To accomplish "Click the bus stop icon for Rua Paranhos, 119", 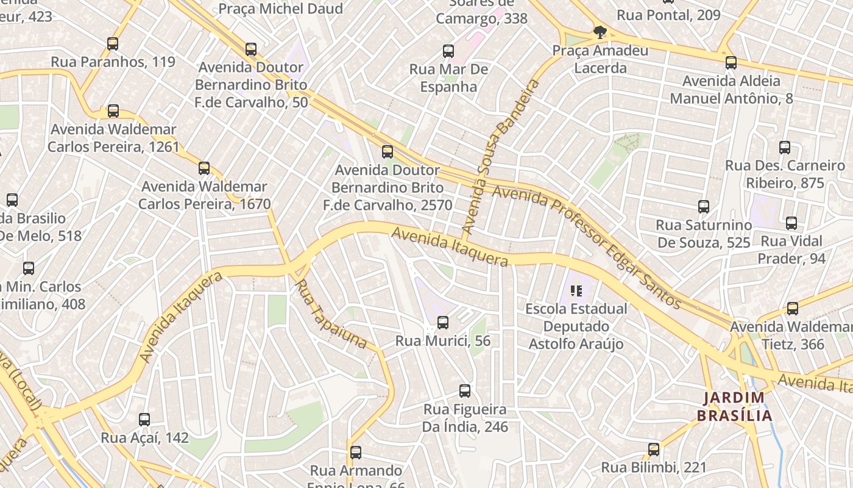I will tap(113, 44).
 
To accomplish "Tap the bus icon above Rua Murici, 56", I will tap(443, 323).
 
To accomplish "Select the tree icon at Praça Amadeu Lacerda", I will tap(600, 32).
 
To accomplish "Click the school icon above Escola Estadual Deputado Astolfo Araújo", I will tap(576, 291).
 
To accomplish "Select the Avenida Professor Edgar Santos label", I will tap(586, 246).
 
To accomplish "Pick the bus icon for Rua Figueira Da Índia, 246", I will tap(465, 391).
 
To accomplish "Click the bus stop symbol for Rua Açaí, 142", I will tap(144, 420).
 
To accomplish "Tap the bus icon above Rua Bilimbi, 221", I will tap(654, 450).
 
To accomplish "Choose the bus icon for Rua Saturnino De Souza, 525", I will tap(704, 207).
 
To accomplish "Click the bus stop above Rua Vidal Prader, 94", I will tap(791, 223).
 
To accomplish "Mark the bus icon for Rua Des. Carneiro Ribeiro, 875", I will tap(785, 148).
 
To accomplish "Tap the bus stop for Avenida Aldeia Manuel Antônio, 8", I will tap(731, 63).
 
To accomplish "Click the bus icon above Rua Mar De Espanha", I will tap(448, 51).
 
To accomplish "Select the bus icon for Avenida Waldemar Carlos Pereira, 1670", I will tap(204, 168).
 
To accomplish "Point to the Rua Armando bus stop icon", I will tap(356, 453).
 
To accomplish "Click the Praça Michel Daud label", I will tap(280, 9).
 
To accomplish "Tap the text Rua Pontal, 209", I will tap(668, 15).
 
